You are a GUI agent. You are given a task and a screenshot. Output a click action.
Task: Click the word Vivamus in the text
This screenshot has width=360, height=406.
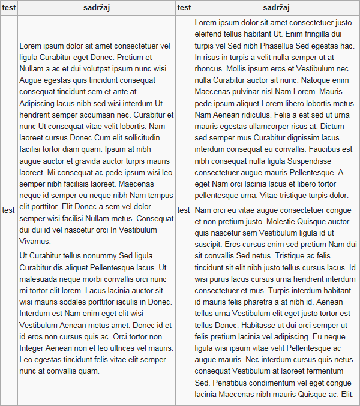(35, 241)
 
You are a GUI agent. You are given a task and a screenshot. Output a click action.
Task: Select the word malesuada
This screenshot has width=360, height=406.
(42, 279)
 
